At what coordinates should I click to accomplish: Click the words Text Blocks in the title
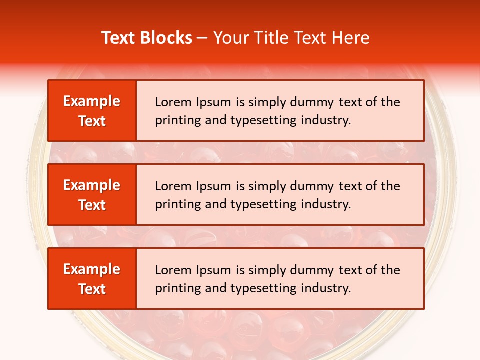coord(147,38)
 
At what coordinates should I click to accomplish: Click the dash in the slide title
coord(202,38)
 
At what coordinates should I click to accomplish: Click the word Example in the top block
coord(92,101)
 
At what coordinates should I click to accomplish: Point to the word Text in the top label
coord(92,121)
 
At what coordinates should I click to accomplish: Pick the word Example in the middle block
coord(92,185)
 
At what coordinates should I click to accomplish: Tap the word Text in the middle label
coord(92,205)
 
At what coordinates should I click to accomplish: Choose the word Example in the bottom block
coord(92,269)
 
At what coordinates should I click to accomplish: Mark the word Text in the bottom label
coord(92,289)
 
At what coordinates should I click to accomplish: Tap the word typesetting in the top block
coord(264,120)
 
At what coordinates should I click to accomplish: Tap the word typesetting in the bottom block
coord(264,288)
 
